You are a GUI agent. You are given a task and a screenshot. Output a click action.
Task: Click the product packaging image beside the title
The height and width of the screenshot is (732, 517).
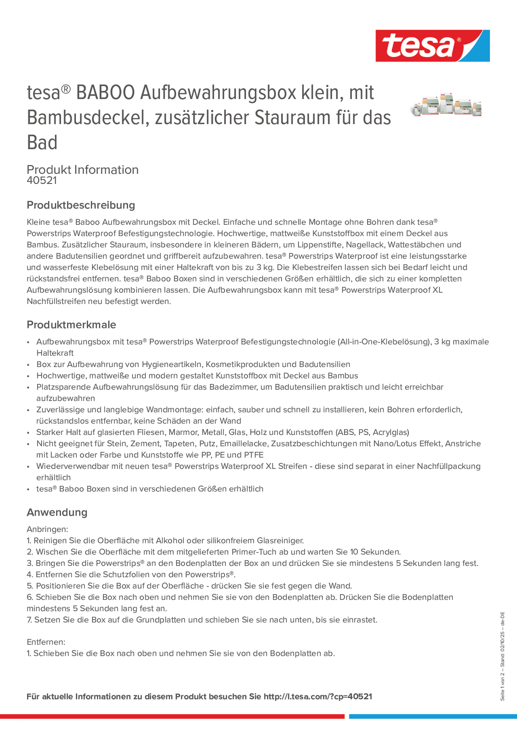tap(446, 105)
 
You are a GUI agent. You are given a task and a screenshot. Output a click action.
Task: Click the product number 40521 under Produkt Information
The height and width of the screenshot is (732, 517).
tap(42, 180)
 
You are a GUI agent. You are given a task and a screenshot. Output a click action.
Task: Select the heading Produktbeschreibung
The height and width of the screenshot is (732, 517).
tap(81, 205)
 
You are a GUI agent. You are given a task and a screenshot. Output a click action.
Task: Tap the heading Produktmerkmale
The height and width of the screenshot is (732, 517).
tap(72, 324)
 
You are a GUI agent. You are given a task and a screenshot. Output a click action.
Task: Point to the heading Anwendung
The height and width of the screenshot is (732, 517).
tap(57, 512)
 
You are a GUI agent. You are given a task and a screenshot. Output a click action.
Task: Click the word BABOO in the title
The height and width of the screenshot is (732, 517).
tap(105, 93)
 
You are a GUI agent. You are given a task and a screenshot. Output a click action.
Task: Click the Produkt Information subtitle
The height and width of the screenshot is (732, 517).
tap(82, 170)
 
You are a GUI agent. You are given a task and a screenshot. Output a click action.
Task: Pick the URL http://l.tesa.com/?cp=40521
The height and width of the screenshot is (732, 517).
tap(318, 696)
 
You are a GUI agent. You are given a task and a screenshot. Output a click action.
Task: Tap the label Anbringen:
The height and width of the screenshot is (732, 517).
tap(47, 529)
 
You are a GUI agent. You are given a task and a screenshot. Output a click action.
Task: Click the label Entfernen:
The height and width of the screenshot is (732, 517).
tap(46, 642)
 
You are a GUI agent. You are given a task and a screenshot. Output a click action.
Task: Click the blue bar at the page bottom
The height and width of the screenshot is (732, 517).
tap(433, 716)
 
